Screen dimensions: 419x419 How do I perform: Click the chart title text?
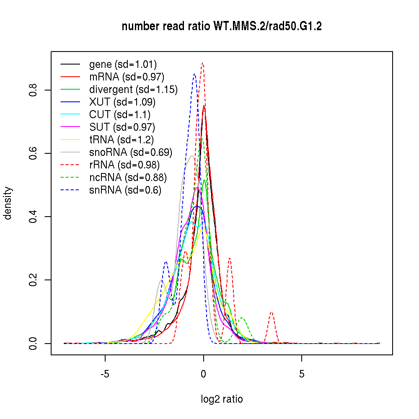click(222, 27)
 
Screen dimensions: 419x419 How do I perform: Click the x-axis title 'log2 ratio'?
click(222, 399)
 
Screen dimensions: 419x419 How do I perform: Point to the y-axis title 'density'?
click(8, 203)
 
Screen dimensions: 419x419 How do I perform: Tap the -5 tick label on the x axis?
click(105, 374)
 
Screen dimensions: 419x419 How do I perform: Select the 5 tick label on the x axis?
click(302, 374)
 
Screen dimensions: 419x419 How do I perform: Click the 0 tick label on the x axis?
click(203, 374)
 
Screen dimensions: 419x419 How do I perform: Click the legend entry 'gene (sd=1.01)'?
click(123, 65)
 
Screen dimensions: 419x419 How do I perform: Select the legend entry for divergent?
click(133, 90)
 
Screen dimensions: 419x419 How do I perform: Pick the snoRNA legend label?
click(131, 153)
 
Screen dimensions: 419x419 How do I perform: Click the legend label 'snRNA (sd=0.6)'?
click(125, 190)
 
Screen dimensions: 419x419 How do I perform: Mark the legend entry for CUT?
click(120, 115)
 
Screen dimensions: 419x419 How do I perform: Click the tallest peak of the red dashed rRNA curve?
click(202, 63)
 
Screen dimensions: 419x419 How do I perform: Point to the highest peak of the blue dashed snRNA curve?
click(194, 74)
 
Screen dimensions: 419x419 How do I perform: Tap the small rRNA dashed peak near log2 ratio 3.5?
click(272, 313)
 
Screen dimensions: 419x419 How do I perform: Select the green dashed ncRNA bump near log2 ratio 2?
click(242, 318)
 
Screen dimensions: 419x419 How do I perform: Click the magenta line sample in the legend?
click(70, 127)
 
